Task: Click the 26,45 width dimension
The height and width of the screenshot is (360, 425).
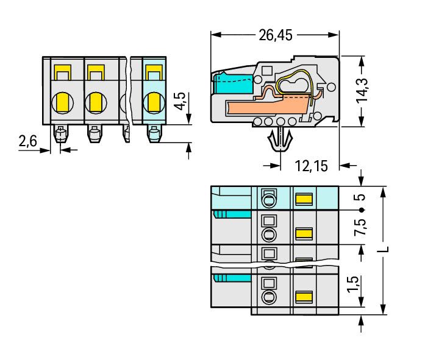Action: (x=276, y=35)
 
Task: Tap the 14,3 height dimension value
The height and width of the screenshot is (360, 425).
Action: (x=362, y=90)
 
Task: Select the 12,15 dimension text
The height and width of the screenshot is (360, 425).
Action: (x=311, y=166)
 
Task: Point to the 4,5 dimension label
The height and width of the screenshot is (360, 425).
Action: (x=180, y=101)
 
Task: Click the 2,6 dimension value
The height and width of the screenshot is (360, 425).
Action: (x=27, y=141)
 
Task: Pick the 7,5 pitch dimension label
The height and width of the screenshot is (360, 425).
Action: (x=360, y=227)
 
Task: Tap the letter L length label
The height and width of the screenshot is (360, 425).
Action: (x=384, y=249)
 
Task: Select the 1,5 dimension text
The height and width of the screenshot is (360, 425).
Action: (x=354, y=284)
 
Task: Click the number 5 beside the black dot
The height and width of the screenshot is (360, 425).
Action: (x=360, y=197)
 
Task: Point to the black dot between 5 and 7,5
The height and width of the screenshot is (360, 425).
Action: (x=361, y=210)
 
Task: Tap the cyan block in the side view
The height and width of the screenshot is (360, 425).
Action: (x=234, y=83)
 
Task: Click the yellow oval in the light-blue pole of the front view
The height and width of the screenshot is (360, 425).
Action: (x=154, y=102)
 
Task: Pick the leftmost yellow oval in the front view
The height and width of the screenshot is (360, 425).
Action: (x=62, y=102)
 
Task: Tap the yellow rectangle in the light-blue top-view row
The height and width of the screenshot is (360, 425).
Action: (x=304, y=199)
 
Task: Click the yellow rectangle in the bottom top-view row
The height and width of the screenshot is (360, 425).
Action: (x=304, y=297)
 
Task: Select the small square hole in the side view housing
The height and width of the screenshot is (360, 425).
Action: (x=267, y=71)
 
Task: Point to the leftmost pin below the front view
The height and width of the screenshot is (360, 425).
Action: (x=61, y=133)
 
